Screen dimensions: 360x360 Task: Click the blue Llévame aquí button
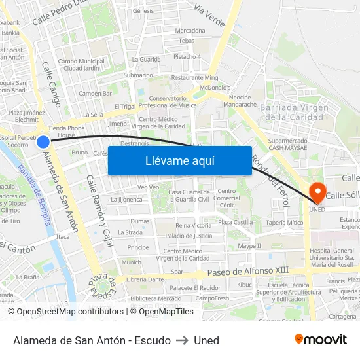(x=179, y=160)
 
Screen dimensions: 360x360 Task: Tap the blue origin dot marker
(x=43, y=142)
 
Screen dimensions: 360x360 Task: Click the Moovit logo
(x=320, y=340)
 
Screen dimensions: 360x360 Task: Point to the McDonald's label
(x=215, y=87)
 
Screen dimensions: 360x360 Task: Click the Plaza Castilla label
(x=236, y=223)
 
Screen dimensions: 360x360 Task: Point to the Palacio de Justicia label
(x=189, y=236)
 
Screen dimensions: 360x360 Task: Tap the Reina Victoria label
(x=193, y=225)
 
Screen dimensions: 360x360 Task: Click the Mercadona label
(x=190, y=31)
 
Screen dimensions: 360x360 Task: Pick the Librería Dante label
(x=145, y=279)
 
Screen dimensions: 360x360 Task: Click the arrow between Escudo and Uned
(x=182, y=340)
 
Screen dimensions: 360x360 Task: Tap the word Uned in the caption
(x=206, y=340)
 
